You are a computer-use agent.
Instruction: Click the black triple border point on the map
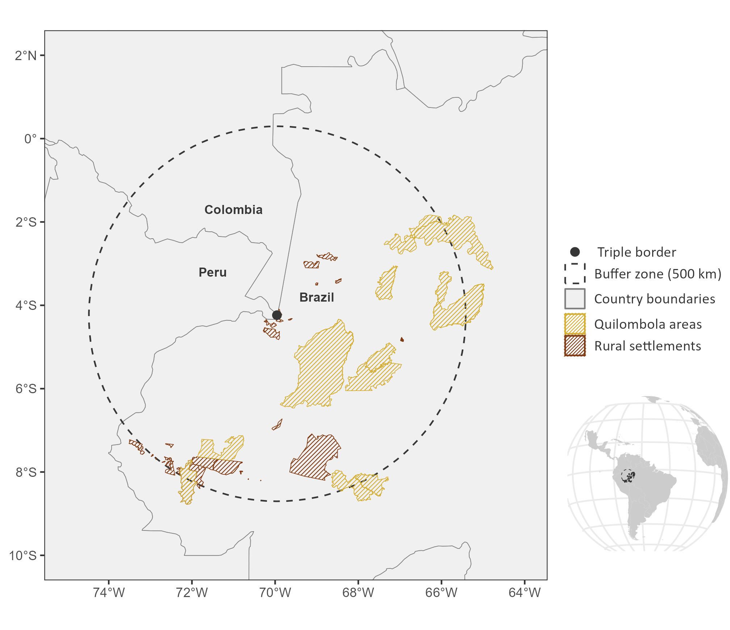(277, 315)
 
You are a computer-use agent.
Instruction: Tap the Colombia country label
(233, 210)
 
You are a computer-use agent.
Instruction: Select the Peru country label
(213, 272)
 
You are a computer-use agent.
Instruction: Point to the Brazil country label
(317, 297)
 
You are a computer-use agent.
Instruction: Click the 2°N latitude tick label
(26, 55)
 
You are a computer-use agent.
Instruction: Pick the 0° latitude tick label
(30, 139)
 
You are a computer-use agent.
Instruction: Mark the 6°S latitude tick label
(26, 388)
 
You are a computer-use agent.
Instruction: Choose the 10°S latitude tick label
(23, 555)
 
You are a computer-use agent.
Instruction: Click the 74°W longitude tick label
(109, 593)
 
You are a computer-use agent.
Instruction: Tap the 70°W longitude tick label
(275, 593)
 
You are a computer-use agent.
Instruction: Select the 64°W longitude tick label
(525, 593)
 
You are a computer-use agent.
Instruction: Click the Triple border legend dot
(575, 252)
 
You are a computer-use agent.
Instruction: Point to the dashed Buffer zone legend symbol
(575, 273)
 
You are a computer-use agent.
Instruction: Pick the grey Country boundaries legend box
(575, 299)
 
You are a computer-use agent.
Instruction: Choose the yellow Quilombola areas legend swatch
(575, 324)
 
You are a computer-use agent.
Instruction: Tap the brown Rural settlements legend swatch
(575, 346)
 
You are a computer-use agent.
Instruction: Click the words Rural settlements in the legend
(647, 346)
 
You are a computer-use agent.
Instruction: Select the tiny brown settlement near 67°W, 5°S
(402, 340)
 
